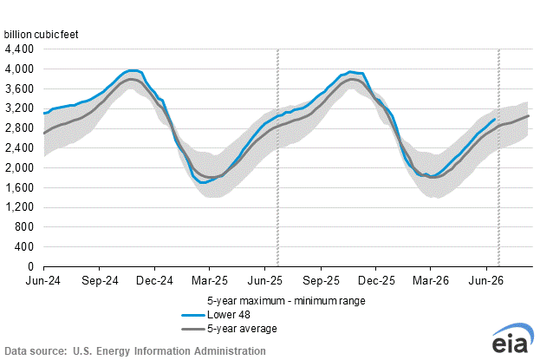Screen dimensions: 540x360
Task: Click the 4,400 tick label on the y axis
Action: (x=19, y=49)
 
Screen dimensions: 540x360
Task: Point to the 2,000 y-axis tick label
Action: (x=19, y=168)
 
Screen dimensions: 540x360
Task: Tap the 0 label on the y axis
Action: (x=31, y=266)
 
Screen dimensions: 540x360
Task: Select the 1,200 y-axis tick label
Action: (x=19, y=207)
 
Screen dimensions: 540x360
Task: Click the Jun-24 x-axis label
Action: (x=43, y=281)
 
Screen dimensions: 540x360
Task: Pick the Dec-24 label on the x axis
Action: (x=154, y=281)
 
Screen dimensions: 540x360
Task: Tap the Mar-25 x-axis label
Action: (x=210, y=281)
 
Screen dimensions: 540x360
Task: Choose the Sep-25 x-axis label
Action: (x=321, y=281)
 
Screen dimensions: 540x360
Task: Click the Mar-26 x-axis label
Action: (x=431, y=281)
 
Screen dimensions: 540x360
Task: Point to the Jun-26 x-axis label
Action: (x=486, y=281)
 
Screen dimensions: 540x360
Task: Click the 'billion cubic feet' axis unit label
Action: (x=42, y=35)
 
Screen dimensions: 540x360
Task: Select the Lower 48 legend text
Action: (x=229, y=315)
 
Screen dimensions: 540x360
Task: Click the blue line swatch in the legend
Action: (x=193, y=315)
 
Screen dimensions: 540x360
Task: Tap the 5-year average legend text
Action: (x=242, y=329)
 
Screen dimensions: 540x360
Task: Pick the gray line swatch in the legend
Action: (x=193, y=330)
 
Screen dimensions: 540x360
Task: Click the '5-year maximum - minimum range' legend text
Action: (x=286, y=301)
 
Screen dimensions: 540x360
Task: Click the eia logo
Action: (x=512, y=339)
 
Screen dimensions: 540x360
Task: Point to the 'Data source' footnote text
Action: (x=135, y=351)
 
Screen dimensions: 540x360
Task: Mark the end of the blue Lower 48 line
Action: (x=495, y=120)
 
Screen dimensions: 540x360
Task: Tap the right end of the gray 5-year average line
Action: (x=528, y=116)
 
